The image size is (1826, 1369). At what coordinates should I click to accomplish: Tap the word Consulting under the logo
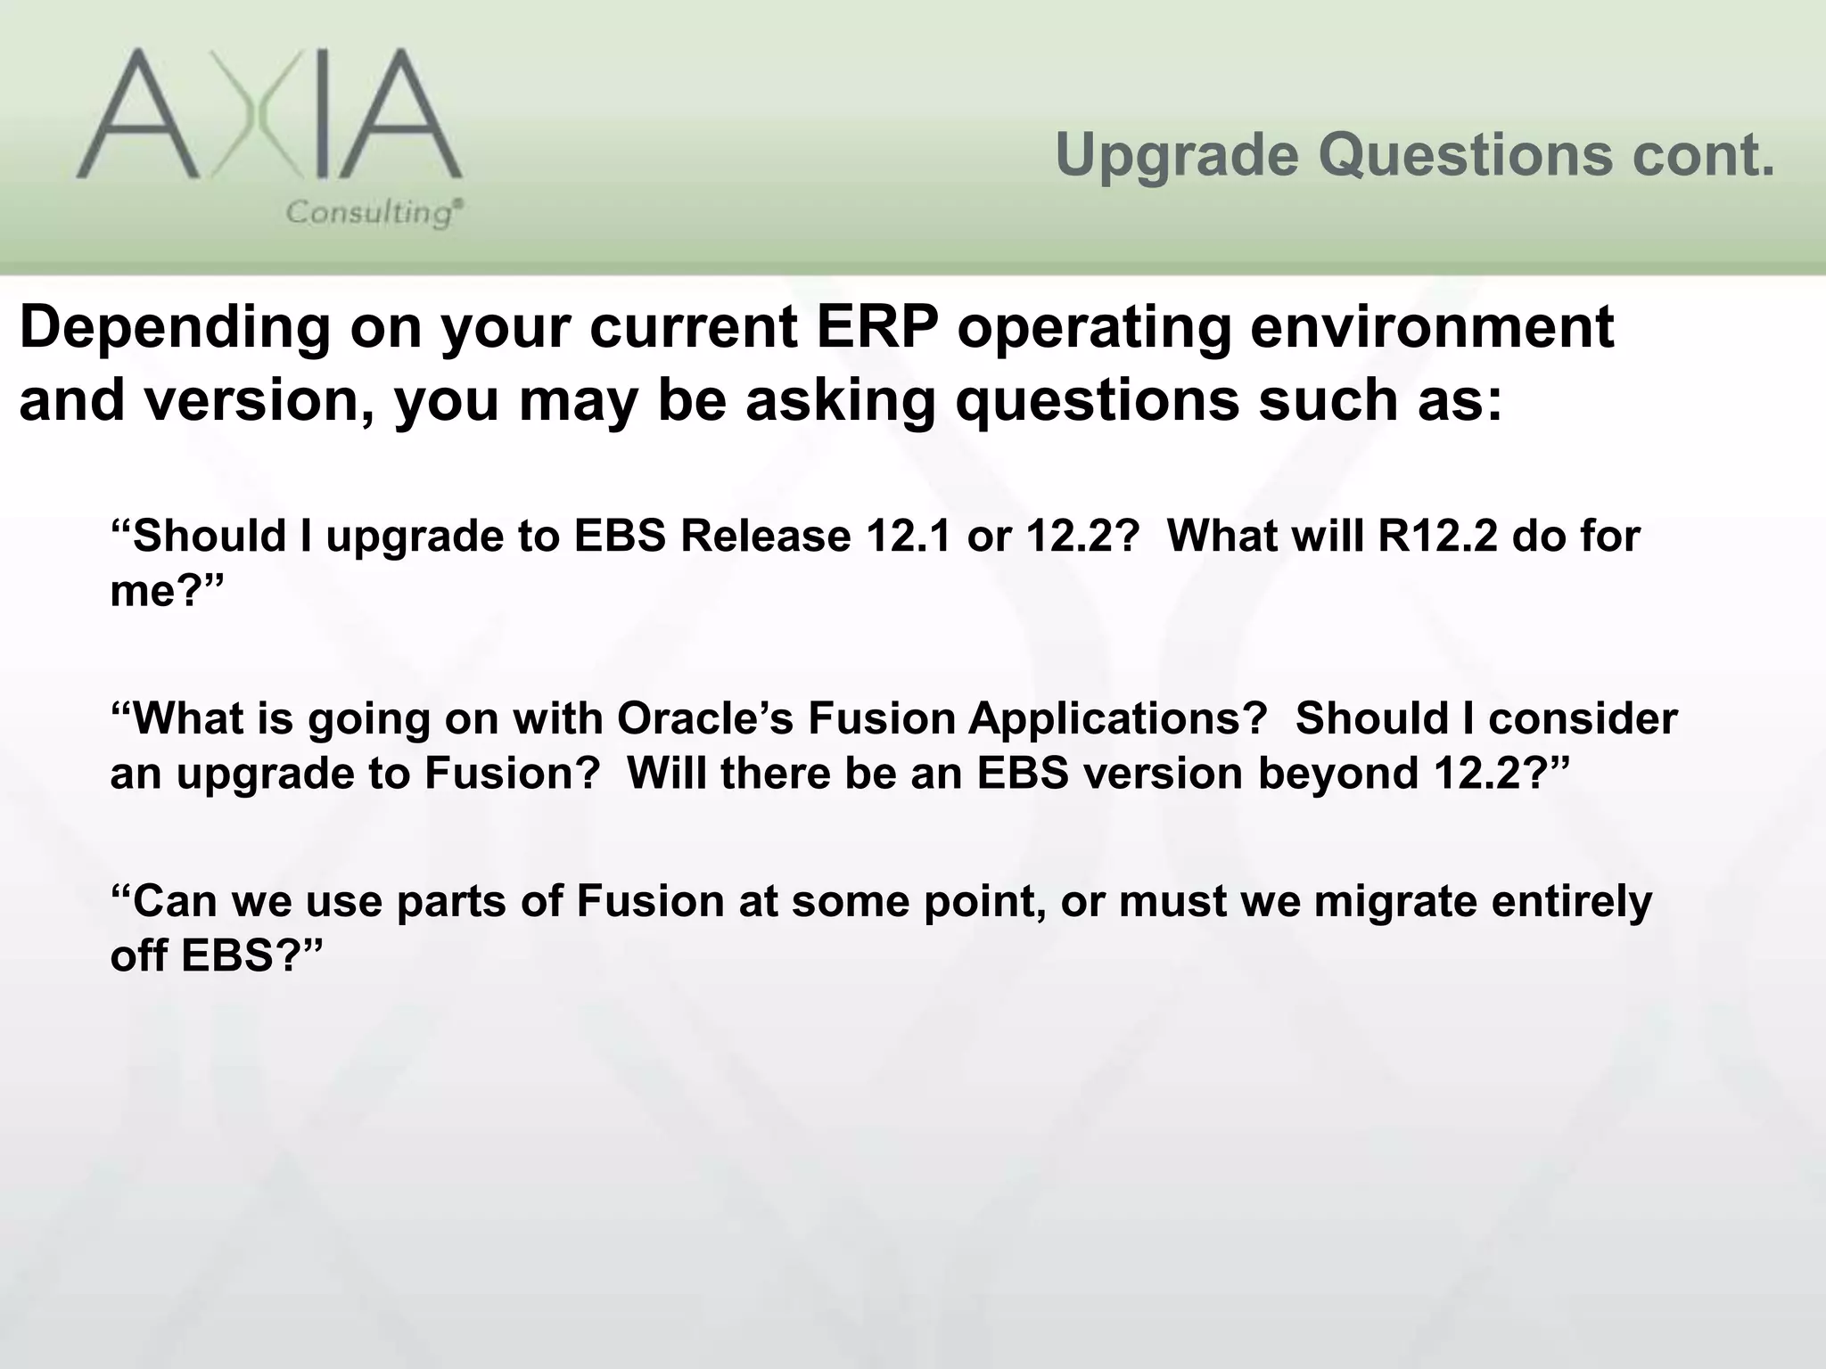tap(371, 213)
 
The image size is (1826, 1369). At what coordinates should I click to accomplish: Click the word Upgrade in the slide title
tap(1177, 155)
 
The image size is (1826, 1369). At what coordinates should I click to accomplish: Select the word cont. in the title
tap(1704, 155)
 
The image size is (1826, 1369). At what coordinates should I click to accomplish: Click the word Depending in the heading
tap(174, 327)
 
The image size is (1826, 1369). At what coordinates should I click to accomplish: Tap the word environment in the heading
tap(1431, 327)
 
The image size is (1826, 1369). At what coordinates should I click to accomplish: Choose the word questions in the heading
tap(1097, 400)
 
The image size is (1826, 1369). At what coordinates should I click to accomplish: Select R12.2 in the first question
tap(1436, 537)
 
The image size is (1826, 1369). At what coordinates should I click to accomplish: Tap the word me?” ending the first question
tap(166, 591)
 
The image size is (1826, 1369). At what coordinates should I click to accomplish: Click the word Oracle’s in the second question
tap(704, 718)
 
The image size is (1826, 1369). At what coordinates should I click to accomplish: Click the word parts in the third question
tap(449, 901)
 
